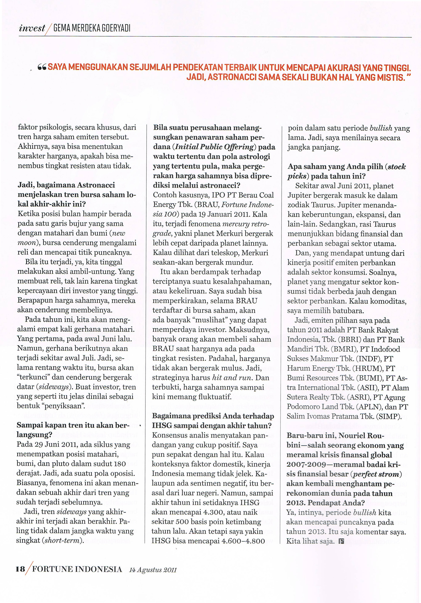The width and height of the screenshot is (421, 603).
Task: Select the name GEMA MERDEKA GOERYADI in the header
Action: tap(92, 28)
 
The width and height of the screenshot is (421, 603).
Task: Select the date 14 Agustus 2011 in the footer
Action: tap(153, 570)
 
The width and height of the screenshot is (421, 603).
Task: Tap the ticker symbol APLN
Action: tap(367, 407)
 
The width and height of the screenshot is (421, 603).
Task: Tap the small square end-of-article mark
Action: tap(341, 541)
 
